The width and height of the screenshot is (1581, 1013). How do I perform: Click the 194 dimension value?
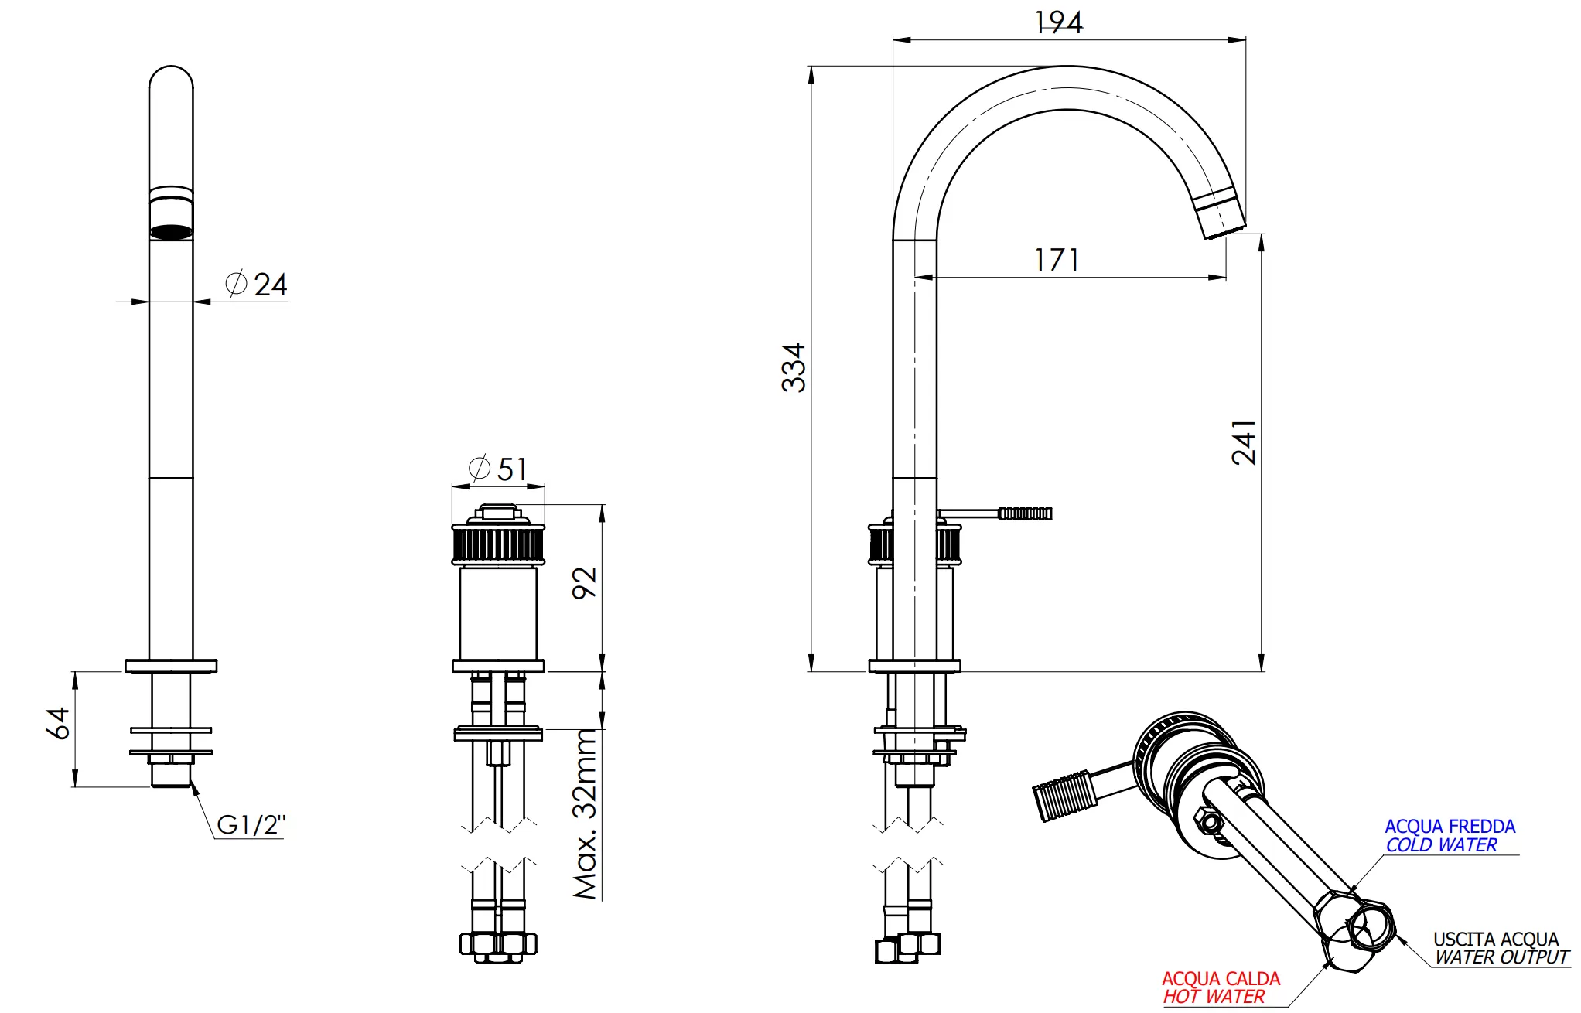pos(1058,22)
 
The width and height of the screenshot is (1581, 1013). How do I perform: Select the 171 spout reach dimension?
pos(1056,260)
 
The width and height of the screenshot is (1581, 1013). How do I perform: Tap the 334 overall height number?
pos(794,368)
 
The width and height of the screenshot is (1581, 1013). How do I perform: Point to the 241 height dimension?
pos(1244,442)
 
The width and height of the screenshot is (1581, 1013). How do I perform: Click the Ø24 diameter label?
pos(257,285)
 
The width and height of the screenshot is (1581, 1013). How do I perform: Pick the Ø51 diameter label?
pos(498,469)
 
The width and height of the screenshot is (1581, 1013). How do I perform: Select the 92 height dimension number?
pos(585,582)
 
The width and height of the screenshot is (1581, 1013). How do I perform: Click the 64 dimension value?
pos(58,723)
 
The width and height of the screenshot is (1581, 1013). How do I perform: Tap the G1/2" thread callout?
pos(251,825)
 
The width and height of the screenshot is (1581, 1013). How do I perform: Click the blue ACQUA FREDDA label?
pos(1450,827)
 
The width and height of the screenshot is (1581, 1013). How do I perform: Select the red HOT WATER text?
pos(1214,997)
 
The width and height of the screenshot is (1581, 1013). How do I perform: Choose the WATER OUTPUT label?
pos(1501,957)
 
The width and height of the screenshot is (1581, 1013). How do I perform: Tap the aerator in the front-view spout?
pos(171,230)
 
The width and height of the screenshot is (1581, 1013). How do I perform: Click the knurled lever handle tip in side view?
pos(1025,513)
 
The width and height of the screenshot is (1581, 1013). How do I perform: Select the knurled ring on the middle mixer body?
pos(498,544)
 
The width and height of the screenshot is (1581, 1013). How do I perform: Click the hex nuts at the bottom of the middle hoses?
pos(498,944)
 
